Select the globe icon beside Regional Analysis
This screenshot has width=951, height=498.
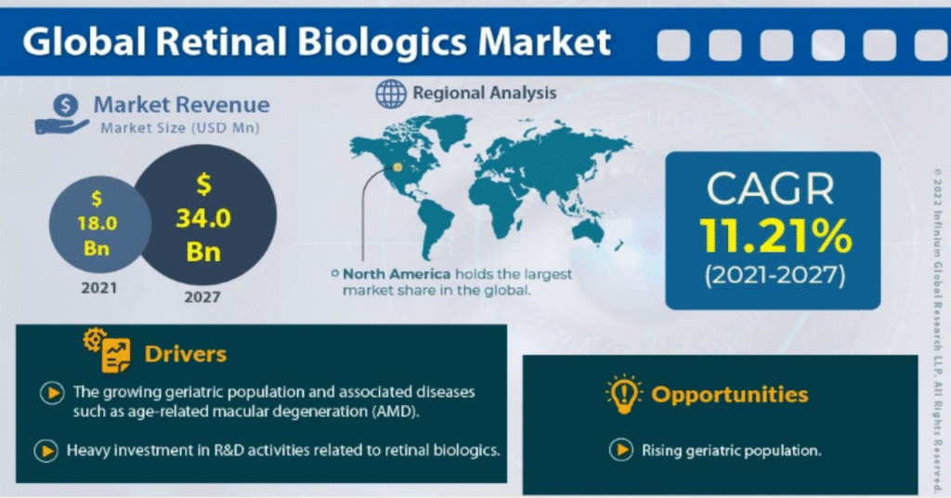tap(391, 94)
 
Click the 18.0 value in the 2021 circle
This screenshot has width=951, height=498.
tap(97, 223)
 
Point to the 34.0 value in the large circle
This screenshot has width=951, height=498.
tap(203, 218)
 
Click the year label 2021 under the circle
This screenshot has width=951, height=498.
tap(98, 287)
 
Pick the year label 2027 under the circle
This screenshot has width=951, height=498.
tap(202, 297)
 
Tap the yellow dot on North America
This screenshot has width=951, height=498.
tap(397, 167)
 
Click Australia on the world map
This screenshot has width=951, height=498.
tap(588, 231)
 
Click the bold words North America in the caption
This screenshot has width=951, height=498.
tap(397, 274)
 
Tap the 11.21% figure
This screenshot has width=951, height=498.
tap(775, 236)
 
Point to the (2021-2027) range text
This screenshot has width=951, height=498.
tap(775, 276)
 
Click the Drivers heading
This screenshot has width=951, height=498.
tap(185, 354)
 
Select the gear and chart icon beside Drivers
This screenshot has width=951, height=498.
tap(107, 350)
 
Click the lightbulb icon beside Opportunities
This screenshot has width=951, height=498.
tap(623, 394)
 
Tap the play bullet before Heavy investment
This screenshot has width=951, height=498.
tap(46, 451)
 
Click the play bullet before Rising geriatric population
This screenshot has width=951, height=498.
tap(621, 450)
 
